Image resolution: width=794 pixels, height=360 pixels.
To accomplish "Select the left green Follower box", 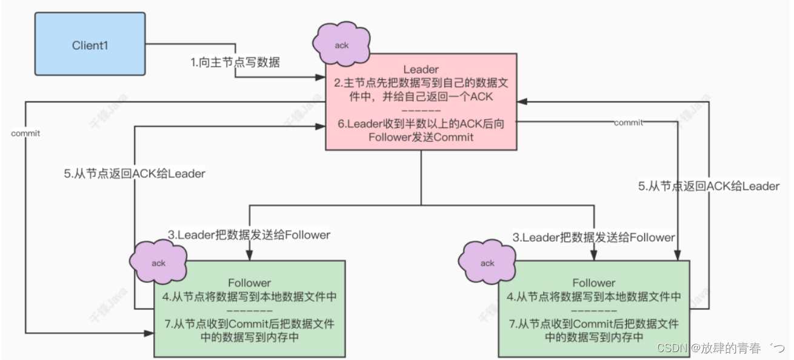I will (249, 308).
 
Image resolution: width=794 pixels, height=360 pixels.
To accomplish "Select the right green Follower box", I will (593, 308).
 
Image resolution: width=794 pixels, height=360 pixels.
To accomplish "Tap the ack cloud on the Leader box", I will (341, 44).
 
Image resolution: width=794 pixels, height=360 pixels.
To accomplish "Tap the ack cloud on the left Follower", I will (158, 262).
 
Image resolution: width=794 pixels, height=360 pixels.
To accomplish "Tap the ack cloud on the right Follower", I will (487, 262).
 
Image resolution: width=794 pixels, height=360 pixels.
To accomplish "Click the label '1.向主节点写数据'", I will (236, 62).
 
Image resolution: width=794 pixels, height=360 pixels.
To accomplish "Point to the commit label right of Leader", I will (629, 122).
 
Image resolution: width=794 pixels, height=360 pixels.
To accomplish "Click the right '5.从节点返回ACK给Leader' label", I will (709, 187).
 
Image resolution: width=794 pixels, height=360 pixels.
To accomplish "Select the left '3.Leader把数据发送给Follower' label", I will (249, 235).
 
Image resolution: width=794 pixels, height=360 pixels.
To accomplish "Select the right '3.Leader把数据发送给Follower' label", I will (593, 238).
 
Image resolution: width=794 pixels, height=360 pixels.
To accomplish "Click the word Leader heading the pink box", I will (421, 70).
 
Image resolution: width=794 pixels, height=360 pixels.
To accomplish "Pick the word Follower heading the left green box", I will (249, 283).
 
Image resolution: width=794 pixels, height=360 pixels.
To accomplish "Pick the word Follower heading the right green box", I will (593, 283).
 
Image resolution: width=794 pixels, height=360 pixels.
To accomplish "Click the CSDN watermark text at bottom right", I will (721, 347).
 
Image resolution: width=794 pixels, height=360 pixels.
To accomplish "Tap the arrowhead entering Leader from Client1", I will (321, 77).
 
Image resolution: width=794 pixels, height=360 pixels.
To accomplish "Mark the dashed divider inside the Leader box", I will (421, 111).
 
